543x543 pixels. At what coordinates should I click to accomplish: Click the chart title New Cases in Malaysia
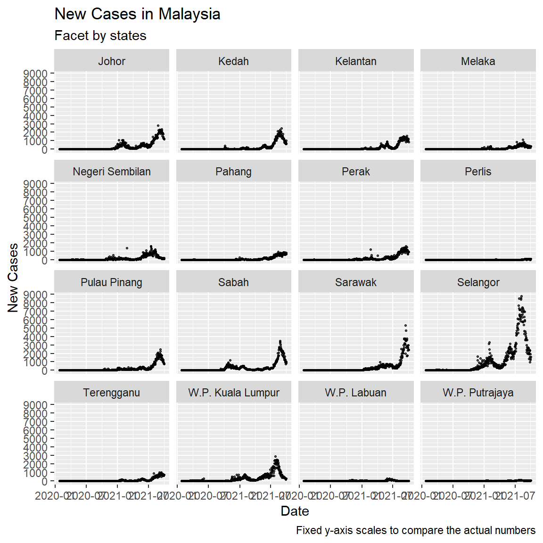[137, 14]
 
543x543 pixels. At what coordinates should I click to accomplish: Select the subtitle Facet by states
[100, 36]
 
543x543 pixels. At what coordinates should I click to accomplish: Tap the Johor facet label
[112, 61]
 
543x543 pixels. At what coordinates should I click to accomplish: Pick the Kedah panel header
[233, 61]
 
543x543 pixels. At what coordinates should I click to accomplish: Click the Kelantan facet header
[356, 61]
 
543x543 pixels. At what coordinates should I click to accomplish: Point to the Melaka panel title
[478, 61]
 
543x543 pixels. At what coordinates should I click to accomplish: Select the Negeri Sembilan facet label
[112, 172]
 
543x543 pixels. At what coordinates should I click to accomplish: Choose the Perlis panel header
[478, 172]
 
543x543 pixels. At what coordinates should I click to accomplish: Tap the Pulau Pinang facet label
[112, 282]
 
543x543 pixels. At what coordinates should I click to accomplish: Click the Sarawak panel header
[356, 282]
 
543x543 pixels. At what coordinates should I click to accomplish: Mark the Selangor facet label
[478, 282]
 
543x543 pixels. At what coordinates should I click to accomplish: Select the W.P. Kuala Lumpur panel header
[233, 393]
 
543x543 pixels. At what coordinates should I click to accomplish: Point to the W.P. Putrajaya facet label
[478, 393]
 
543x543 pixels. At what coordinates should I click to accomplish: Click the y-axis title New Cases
[13, 278]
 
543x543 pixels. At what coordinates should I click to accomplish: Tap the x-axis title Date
[295, 511]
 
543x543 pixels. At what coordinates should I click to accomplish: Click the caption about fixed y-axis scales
[415, 530]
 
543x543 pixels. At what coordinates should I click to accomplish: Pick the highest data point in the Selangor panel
[521, 296]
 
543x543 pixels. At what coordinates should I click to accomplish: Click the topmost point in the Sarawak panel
[405, 326]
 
